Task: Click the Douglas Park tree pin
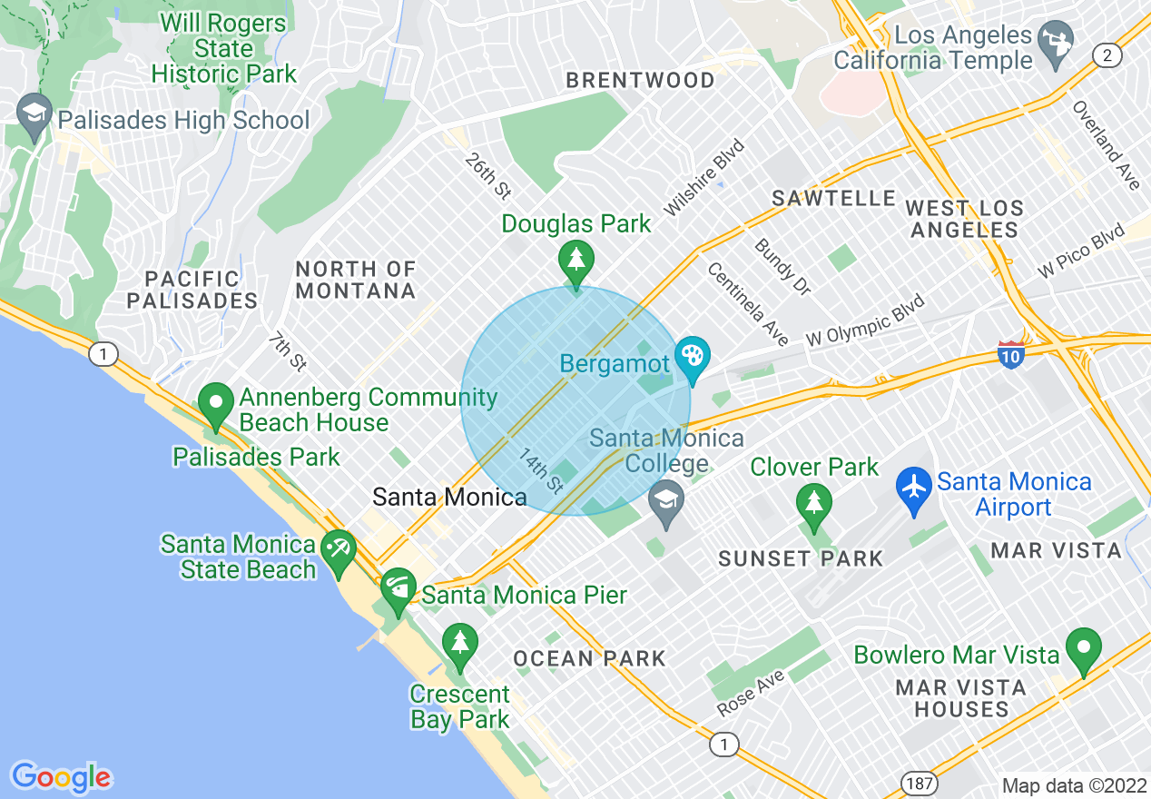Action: pos(575,261)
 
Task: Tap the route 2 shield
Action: pos(1106,56)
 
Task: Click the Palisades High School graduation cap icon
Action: pos(34,115)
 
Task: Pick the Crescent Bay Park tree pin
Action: pos(460,644)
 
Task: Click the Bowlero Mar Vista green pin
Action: pos(1083,649)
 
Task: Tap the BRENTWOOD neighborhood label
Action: pos(640,81)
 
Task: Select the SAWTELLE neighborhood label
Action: pos(833,198)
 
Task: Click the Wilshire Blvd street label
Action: pos(703,178)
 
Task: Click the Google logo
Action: pos(61,777)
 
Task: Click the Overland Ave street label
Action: pos(1105,145)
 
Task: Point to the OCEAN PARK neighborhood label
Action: pos(590,658)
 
